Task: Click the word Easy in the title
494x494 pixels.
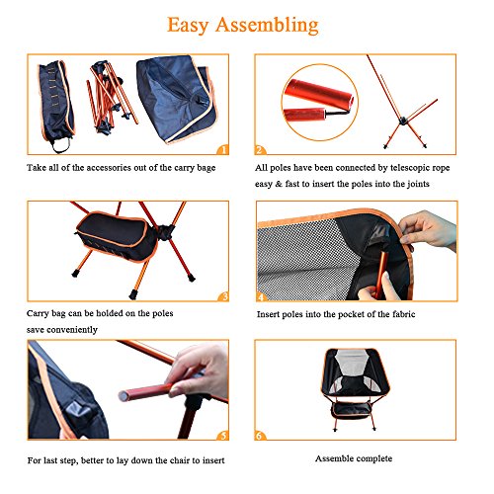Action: pyautogui.click(x=188, y=26)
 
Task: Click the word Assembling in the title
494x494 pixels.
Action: pyautogui.click(x=267, y=26)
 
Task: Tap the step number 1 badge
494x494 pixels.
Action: pyautogui.click(x=223, y=150)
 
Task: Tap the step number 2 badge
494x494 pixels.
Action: pyautogui.click(x=260, y=150)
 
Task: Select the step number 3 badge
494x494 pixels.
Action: pyautogui.click(x=224, y=296)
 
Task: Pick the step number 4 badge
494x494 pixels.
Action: pyautogui.click(x=262, y=296)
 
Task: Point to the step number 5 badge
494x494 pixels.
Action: pyautogui.click(x=223, y=436)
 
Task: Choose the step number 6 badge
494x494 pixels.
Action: pyautogui.click(x=260, y=436)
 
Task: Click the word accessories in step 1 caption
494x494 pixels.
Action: pyautogui.click(x=105, y=168)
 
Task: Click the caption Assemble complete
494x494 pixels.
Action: pyautogui.click(x=354, y=458)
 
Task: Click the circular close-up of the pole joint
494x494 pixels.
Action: pyautogui.click(x=320, y=103)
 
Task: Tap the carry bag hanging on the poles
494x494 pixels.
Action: pyautogui.click(x=117, y=237)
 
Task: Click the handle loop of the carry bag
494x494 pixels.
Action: pyautogui.click(x=62, y=145)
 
